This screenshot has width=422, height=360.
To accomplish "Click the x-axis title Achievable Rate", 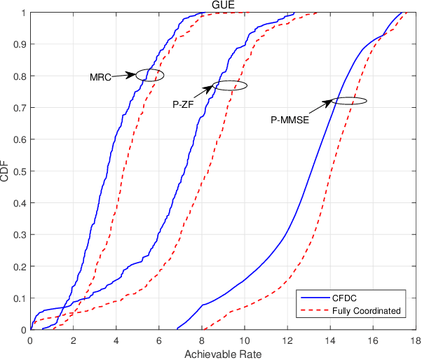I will pos(223,354).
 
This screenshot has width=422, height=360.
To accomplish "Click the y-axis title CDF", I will pos(6,172).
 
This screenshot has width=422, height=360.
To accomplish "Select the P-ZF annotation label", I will pos(184,104).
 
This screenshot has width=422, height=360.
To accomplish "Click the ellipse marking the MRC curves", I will pos(150,75).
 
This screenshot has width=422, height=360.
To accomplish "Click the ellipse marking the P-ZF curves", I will pos(230,85).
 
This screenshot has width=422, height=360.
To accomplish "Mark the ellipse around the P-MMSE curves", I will pos(349,101).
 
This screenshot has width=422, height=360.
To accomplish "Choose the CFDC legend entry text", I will pos(344,297).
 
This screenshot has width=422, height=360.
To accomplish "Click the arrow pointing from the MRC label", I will pos(124,74).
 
